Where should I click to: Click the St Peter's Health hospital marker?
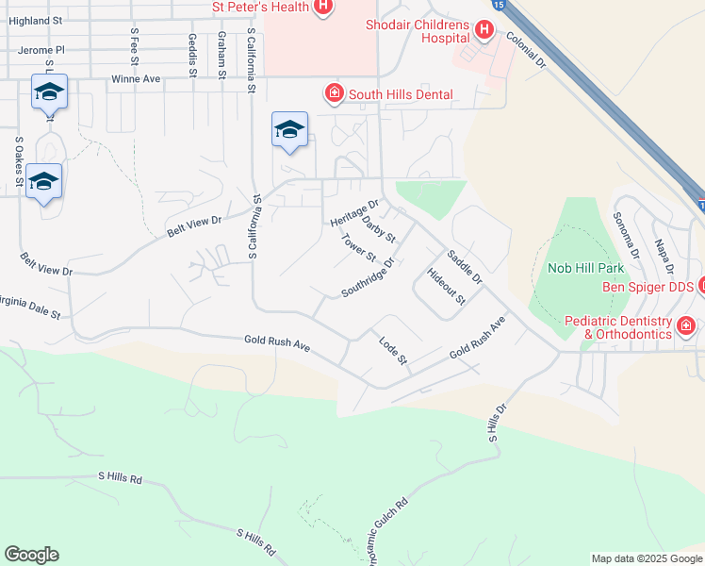click(x=323, y=8)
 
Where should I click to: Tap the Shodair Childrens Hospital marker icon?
click(x=484, y=31)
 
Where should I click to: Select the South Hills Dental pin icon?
click(x=334, y=93)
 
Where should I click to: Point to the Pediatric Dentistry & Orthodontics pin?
click(x=685, y=327)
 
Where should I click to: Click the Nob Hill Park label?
click(x=579, y=268)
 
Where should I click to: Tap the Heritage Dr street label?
click(x=354, y=212)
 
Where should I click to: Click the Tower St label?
click(x=358, y=248)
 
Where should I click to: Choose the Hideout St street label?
click(x=447, y=287)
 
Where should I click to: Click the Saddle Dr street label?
click(x=465, y=267)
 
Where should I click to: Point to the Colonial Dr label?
click(x=526, y=49)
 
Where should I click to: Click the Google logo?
click(x=31, y=555)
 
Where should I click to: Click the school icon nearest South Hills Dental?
click(x=289, y=131)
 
